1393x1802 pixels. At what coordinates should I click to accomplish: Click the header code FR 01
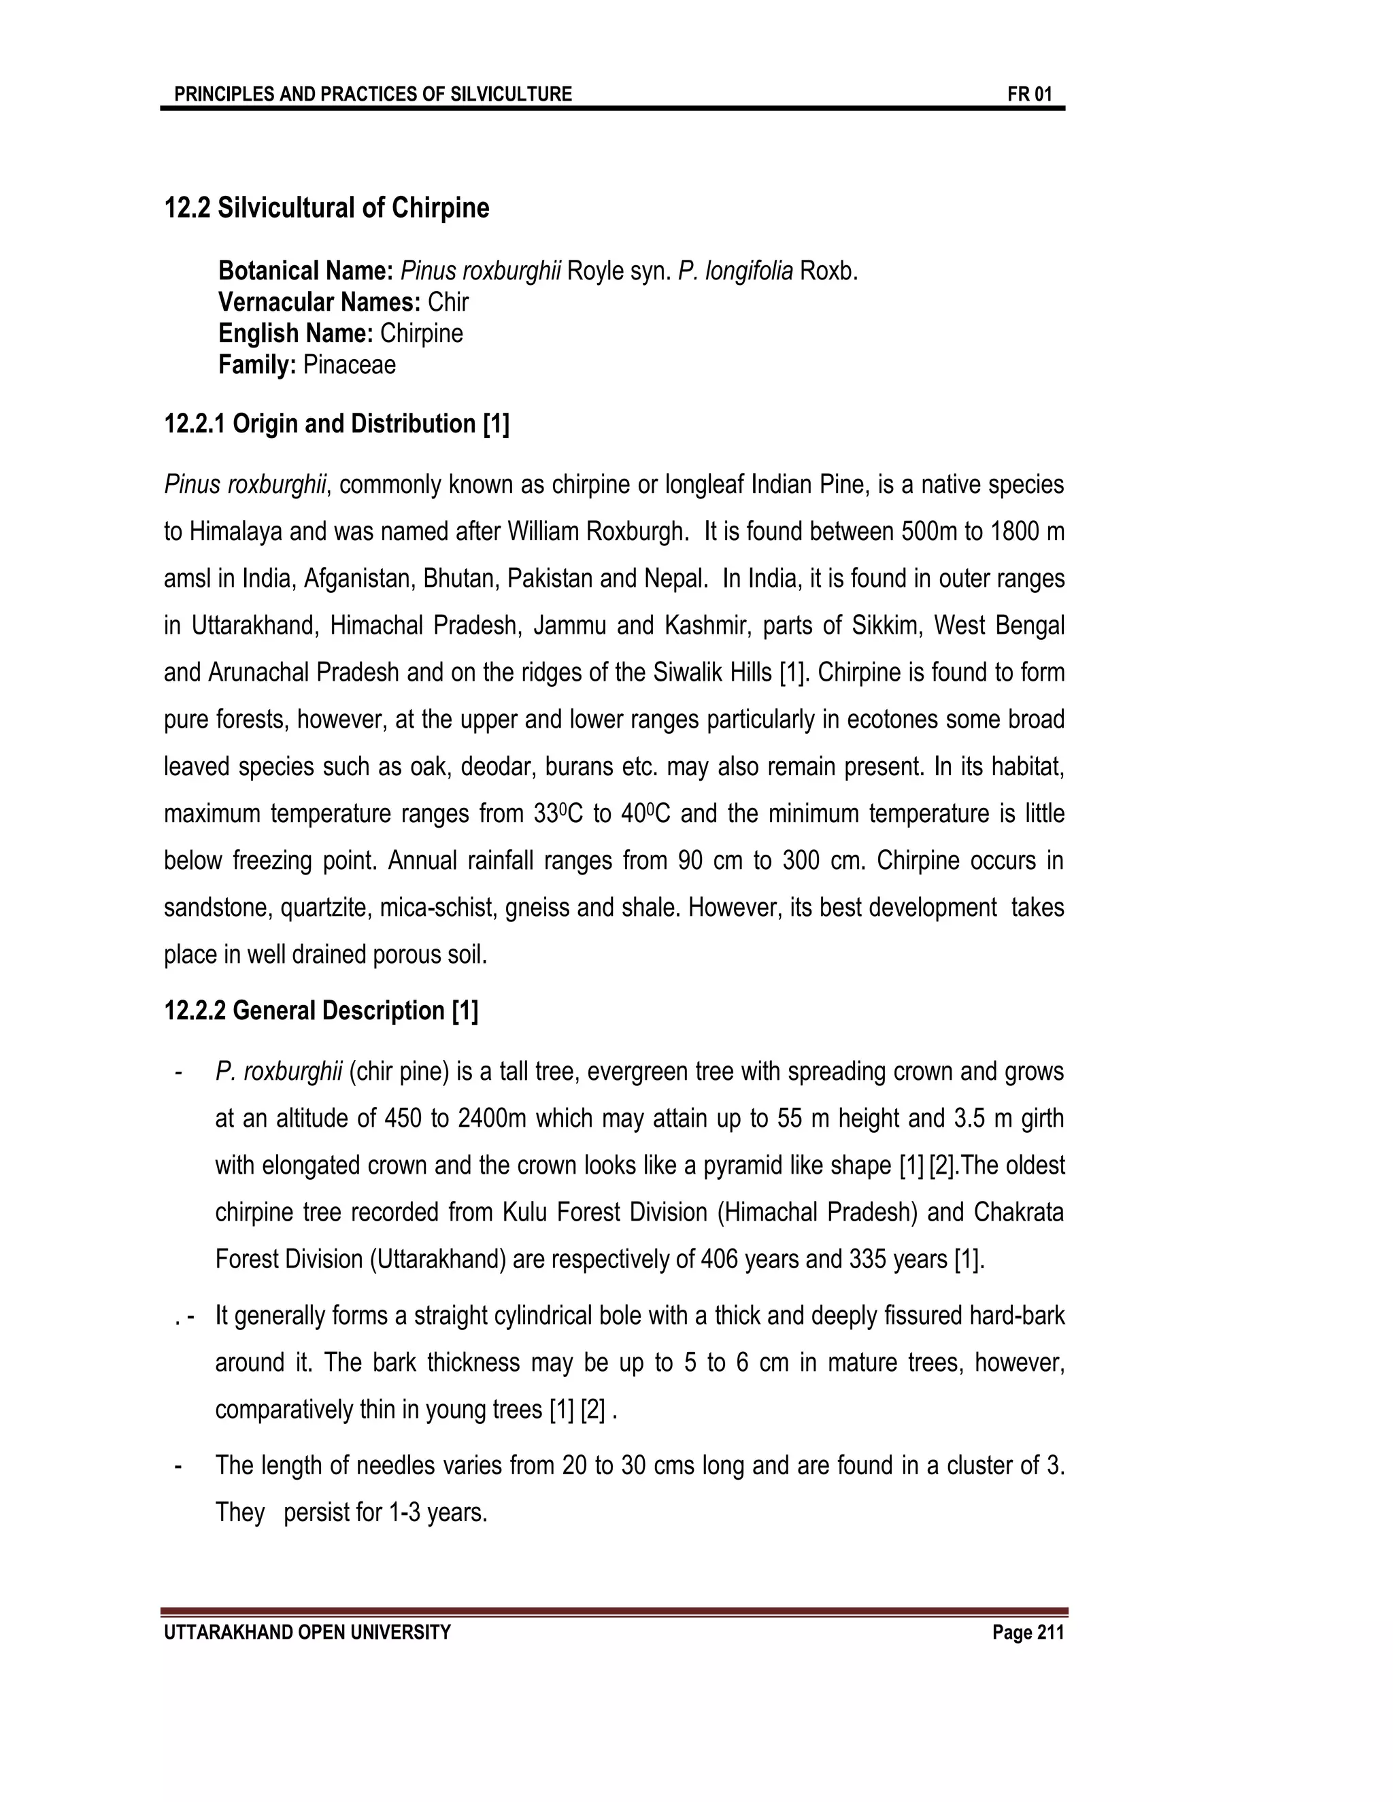tap(1029, 94)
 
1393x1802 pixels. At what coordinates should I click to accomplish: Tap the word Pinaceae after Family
tap(349, 364)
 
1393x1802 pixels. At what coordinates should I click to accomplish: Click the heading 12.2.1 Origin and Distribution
tap(337, 424)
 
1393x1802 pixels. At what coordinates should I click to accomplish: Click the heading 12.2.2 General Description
tap(321, 1010)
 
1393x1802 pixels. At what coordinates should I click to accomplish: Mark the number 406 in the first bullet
tap(719, 1260)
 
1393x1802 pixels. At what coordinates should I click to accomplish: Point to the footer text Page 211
tap(1028, 1633)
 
